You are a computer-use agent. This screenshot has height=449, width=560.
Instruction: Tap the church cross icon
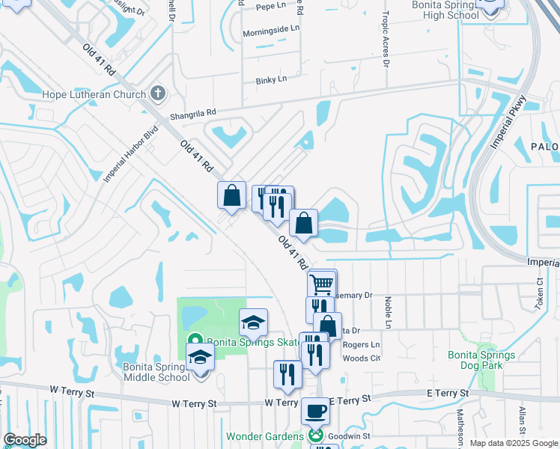tap(157, 94)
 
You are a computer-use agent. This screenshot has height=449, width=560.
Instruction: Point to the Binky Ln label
tap(272, 79)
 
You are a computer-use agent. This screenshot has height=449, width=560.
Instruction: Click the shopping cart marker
tap(322, 284)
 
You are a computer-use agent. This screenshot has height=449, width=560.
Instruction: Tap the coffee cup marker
tap(315, 411)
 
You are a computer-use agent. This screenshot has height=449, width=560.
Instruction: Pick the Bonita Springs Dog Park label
tap(481, 360)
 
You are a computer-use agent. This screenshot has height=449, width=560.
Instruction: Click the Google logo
tap(25, 440)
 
